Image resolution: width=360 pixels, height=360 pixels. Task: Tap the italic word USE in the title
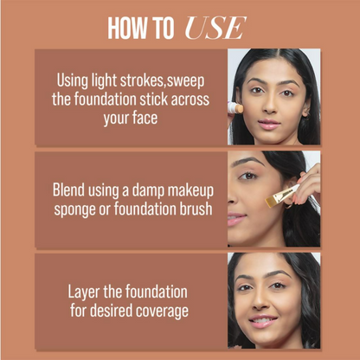click(x=215, y=28)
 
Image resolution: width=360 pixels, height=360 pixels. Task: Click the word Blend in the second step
click(x=68, y=190)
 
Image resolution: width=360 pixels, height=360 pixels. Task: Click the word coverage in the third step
click(x=162, y=312)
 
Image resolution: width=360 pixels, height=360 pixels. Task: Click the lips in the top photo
click(x=269, y=125)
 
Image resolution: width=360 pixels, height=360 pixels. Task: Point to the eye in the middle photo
click(x=247, y=175)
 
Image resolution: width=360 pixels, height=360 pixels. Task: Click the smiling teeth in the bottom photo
click(x=262, y=320)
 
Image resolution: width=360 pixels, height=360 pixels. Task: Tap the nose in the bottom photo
click(x=260, y=301)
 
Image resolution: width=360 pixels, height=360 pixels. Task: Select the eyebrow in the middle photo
click(x=247, y=161)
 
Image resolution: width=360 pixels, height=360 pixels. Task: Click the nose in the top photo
click(x=271, y=106)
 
